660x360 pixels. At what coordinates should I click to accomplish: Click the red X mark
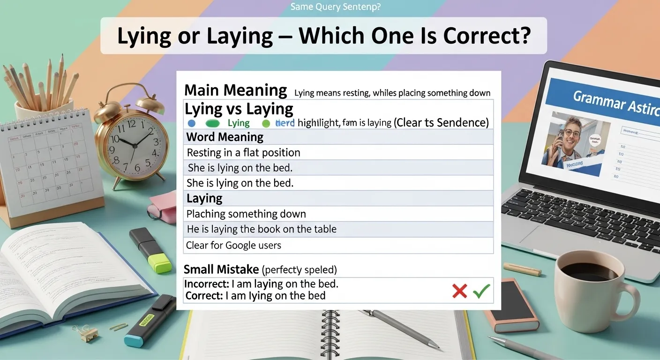(x=459, y=291)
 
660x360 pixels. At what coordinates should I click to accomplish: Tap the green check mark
(x=481, y=291)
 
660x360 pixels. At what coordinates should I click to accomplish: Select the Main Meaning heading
(x=235, y=90)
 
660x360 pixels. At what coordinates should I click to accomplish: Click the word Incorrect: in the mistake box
(x=203, y=284)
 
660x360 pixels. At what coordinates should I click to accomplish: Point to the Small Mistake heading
(x=221, y=270)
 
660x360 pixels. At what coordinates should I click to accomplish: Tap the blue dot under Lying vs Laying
(x=191, y=124)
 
